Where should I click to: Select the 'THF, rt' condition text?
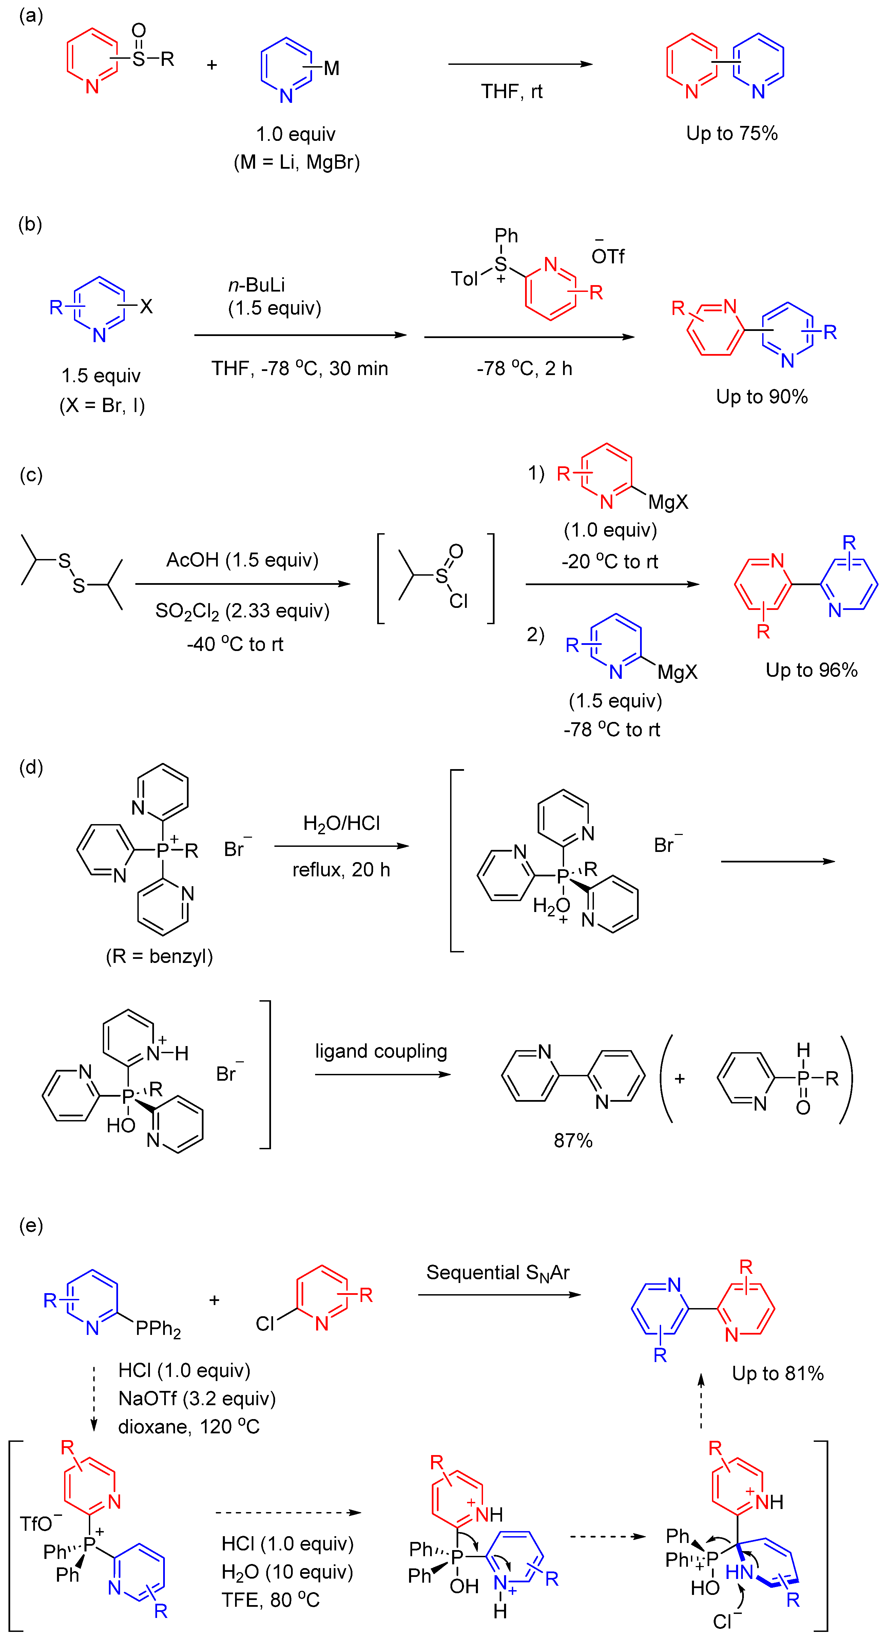point(512,92)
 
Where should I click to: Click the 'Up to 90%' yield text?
point(761,397)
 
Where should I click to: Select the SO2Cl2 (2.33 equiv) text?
point(242,611)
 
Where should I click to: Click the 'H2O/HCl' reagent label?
point(341,823)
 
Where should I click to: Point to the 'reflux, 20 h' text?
point(341,869)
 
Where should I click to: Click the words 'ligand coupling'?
point(381,1051)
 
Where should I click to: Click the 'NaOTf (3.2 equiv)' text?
point(197,1398)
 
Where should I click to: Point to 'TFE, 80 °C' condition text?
point(270,1599)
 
